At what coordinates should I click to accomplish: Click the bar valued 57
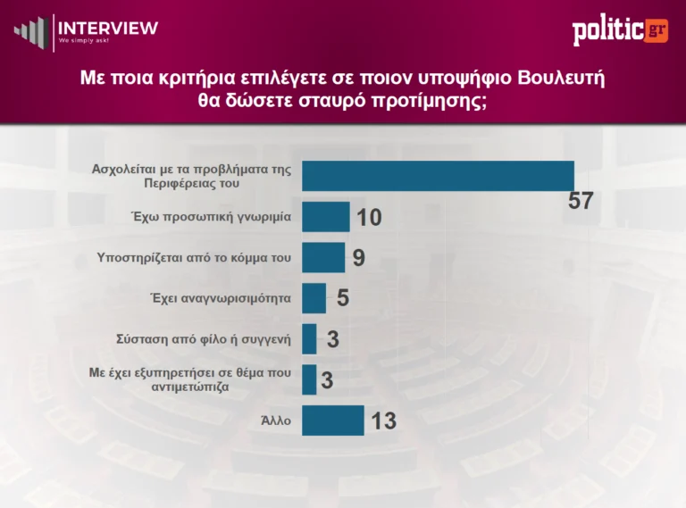click(x=438, y=176)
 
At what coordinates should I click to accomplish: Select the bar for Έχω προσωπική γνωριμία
click(x=326, y=217)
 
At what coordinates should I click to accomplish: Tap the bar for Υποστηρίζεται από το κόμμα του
click(x=323, y=257)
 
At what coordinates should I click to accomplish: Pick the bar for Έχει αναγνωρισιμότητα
click(x=314, y=298)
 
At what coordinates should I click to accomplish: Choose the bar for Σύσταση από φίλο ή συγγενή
click(x=310, y=339)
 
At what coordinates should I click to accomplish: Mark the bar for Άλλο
click(x=333, y=421)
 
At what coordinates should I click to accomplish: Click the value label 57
click(x=581, y=202)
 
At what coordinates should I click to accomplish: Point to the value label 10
click(x=369, y=218)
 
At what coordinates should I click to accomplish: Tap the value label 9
click(x=358, y=258)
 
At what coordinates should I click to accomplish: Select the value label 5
click(x=342, y=299)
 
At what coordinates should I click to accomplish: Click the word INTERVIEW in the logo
click(x=108, y=28)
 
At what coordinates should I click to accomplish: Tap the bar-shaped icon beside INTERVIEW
click(x=30, y=31)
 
